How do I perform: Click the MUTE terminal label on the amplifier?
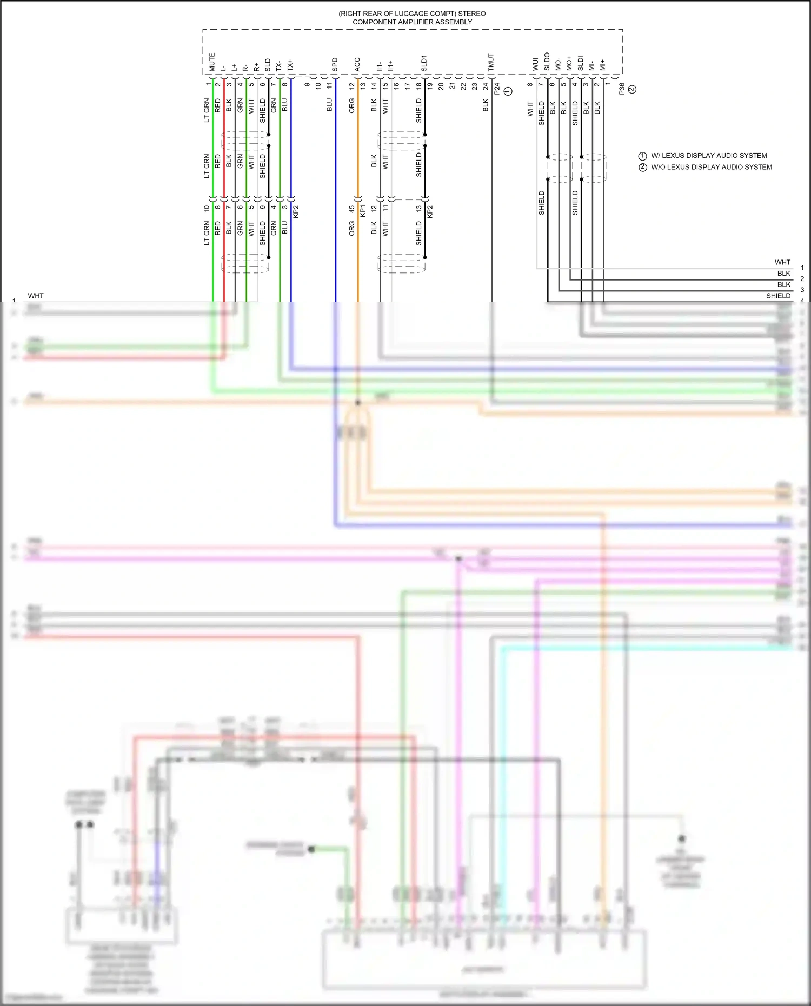[212, 62]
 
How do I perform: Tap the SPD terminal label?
[335, 64]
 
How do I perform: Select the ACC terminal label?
[357, 64]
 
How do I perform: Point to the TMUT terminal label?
[491, 62]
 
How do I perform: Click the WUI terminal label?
[536, 64]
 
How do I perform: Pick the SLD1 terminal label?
[424, 63]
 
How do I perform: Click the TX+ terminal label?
[290, 65]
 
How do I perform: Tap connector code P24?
[497, 89]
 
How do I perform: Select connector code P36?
[622, 89]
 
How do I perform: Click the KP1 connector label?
[363, 211]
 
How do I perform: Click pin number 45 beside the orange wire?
[352, 209]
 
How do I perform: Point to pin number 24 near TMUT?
[486, 85]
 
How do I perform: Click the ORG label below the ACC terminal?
[352, 105]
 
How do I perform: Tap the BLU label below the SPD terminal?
[329, 105]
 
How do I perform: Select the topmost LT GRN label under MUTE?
[207, 110]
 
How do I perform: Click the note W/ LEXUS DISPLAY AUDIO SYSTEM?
[708, 156]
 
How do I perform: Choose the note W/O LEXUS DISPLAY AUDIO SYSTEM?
[711, 167]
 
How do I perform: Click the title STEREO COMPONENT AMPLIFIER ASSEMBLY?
[412, 18]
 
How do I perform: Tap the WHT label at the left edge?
[36, 296]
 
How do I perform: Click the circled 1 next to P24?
[508, 91]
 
